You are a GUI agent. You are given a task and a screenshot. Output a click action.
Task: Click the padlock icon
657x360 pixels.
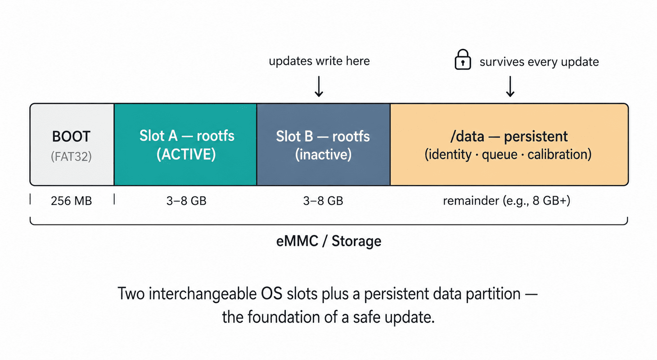click(462, 60)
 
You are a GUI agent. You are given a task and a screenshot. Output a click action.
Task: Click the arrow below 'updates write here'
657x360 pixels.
click(319, 87)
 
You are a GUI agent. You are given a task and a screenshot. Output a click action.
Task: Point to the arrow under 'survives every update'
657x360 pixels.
click(510, 87)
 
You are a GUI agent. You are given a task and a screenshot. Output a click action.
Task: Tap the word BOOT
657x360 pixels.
click(71, 137)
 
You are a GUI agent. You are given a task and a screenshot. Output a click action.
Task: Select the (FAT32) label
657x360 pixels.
click(71, 156)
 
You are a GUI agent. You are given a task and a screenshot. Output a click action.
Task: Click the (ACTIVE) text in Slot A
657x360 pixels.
click(186, 154)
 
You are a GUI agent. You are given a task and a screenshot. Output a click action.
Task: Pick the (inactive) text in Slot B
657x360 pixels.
click(323, 154)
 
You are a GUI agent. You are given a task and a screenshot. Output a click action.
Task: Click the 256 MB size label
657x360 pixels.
click(71, 201)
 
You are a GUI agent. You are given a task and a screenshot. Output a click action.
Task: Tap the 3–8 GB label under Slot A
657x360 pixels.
click(186, 201)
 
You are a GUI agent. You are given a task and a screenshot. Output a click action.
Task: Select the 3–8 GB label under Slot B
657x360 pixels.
click(323, 201)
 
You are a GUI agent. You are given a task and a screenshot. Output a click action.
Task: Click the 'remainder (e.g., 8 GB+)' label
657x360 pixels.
click(507, 201)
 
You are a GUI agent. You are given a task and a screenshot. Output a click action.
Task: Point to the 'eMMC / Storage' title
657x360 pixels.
click(329, 241)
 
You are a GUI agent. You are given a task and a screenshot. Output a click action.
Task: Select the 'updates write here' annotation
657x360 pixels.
click(319, 61)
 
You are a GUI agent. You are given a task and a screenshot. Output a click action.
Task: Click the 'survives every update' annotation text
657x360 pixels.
click(539, 62)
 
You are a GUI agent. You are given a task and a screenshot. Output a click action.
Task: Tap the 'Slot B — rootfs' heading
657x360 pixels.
click(323, 137)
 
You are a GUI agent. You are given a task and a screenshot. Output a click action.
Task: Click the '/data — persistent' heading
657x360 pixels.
click(509, 137)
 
